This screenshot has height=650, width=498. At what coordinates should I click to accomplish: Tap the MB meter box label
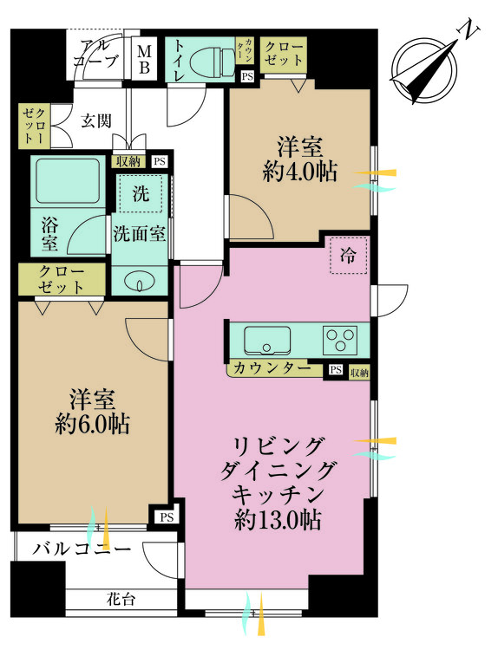(x=144, y=58)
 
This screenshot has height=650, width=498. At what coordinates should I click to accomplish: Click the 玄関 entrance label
(x=95, y=120)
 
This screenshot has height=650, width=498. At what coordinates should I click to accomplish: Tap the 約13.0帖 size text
(x=278, y=521)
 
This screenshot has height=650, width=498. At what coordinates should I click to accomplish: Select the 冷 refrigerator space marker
(x=348, y=257)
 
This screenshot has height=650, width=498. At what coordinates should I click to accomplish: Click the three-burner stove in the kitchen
(x=339, y=338)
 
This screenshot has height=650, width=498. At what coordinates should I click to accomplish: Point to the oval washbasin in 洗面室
(x=139, y=282)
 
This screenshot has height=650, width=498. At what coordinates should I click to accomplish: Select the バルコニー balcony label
(x=83, y=549)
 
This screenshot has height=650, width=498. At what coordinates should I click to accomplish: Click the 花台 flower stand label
(x=121, y=598)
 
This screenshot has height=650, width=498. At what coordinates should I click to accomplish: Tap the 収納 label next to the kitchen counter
(x=359, y=373)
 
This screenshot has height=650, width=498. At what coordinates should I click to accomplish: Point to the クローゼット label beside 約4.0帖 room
(x=284, y=53)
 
